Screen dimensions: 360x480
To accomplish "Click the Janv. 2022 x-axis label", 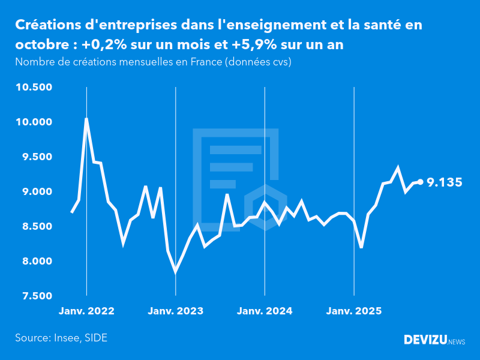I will [86, 311].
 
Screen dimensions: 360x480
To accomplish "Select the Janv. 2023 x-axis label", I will [176, 311].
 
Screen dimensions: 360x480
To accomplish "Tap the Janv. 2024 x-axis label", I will [265, 311].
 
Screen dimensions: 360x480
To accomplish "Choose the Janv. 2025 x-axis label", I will [354, 311].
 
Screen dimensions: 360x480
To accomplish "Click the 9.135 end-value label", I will [445, 182].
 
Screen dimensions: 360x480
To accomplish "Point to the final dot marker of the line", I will [421, 182].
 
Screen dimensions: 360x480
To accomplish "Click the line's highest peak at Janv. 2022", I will [86, 119].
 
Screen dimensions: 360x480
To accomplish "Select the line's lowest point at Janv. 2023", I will [175, 272].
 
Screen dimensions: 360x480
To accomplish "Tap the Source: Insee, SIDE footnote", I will [61, 338].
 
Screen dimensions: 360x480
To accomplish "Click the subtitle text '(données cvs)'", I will [258, 62].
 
